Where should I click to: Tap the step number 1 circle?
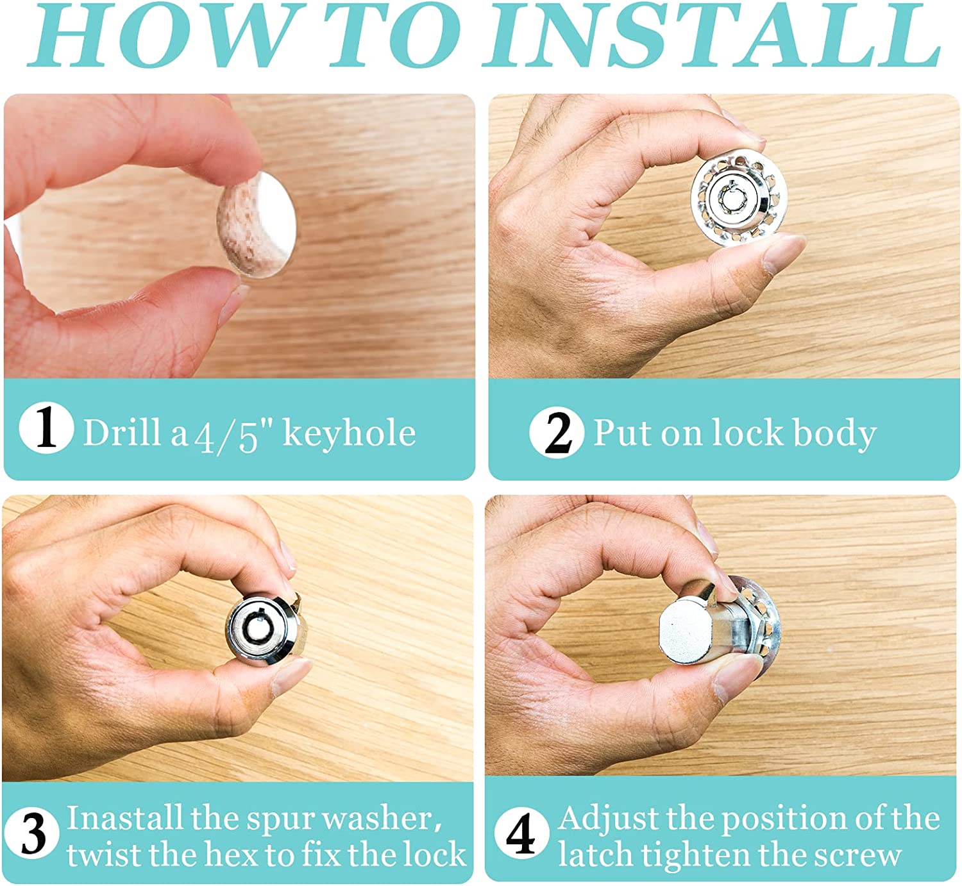click(47, 427)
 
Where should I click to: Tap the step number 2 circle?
click(557, 433)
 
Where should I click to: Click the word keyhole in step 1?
click(349, 433)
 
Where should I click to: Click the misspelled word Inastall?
click(124, 818)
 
